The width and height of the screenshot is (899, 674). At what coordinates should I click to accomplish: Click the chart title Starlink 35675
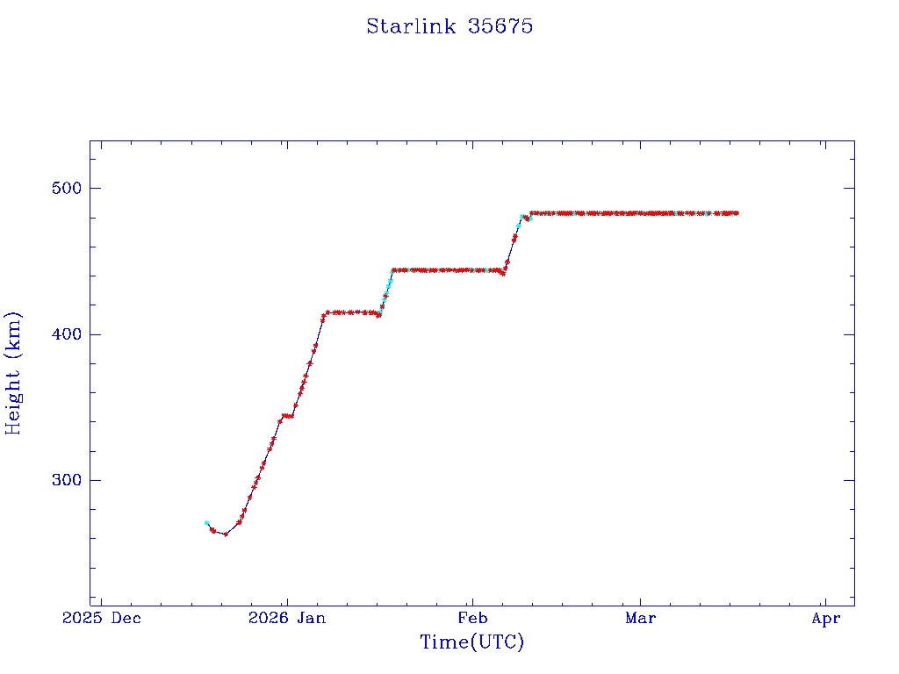[449, 26]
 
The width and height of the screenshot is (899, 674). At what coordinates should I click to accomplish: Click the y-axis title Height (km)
[13, 373]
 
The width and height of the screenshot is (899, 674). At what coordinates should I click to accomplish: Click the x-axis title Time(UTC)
[471, 642]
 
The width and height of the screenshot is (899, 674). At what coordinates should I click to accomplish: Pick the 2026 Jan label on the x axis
[287, 619]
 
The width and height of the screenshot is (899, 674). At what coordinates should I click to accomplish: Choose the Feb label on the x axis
[472, 619]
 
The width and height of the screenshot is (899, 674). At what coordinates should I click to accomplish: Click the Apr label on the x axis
[826, 619]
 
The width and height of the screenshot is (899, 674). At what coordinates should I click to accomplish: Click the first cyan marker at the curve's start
[206, 523]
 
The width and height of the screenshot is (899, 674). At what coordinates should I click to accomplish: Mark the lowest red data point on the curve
[226, 534]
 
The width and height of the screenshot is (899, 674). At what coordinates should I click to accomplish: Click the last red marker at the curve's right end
[736, 213]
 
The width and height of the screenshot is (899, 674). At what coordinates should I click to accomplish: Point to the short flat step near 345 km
[287, 416]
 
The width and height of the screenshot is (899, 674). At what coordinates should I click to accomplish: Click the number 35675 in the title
[500, 26]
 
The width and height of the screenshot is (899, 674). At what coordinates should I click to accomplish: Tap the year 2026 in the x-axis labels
[267, 619]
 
